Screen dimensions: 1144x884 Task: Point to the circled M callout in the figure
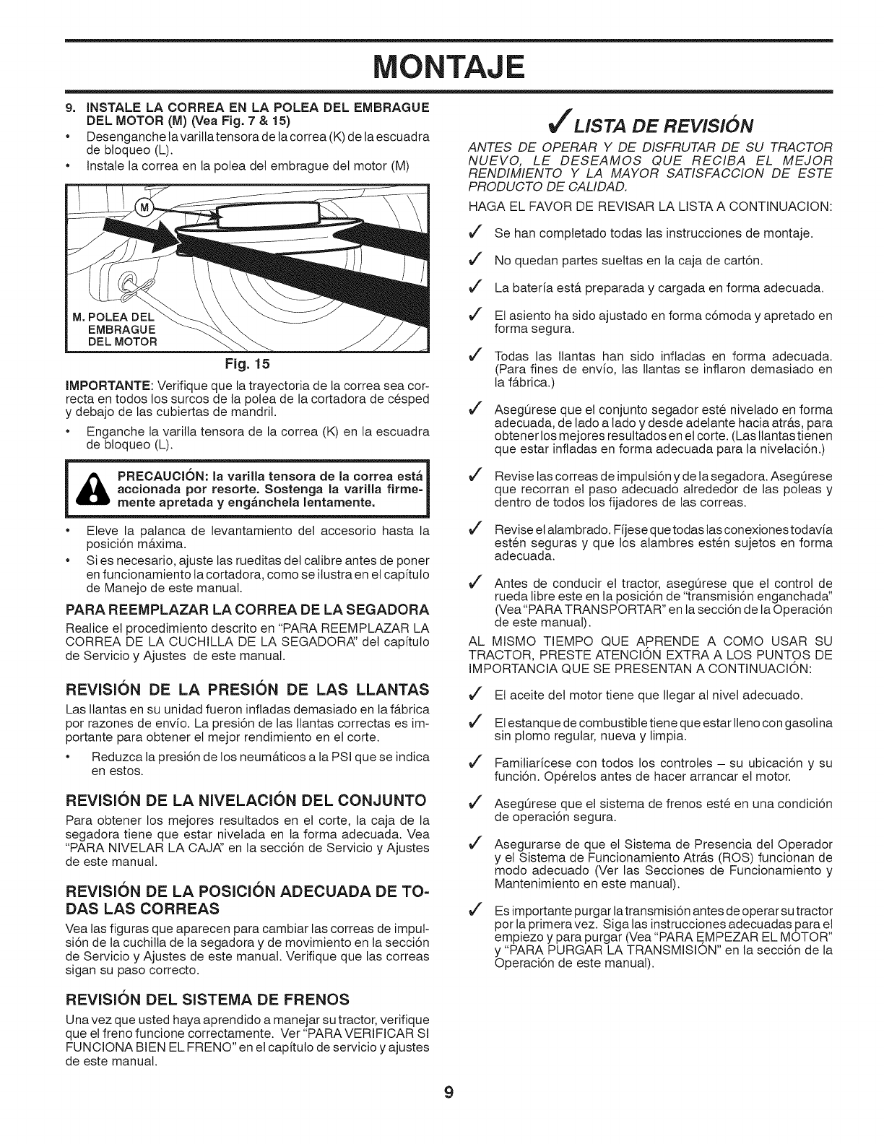[x=144, y=209]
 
